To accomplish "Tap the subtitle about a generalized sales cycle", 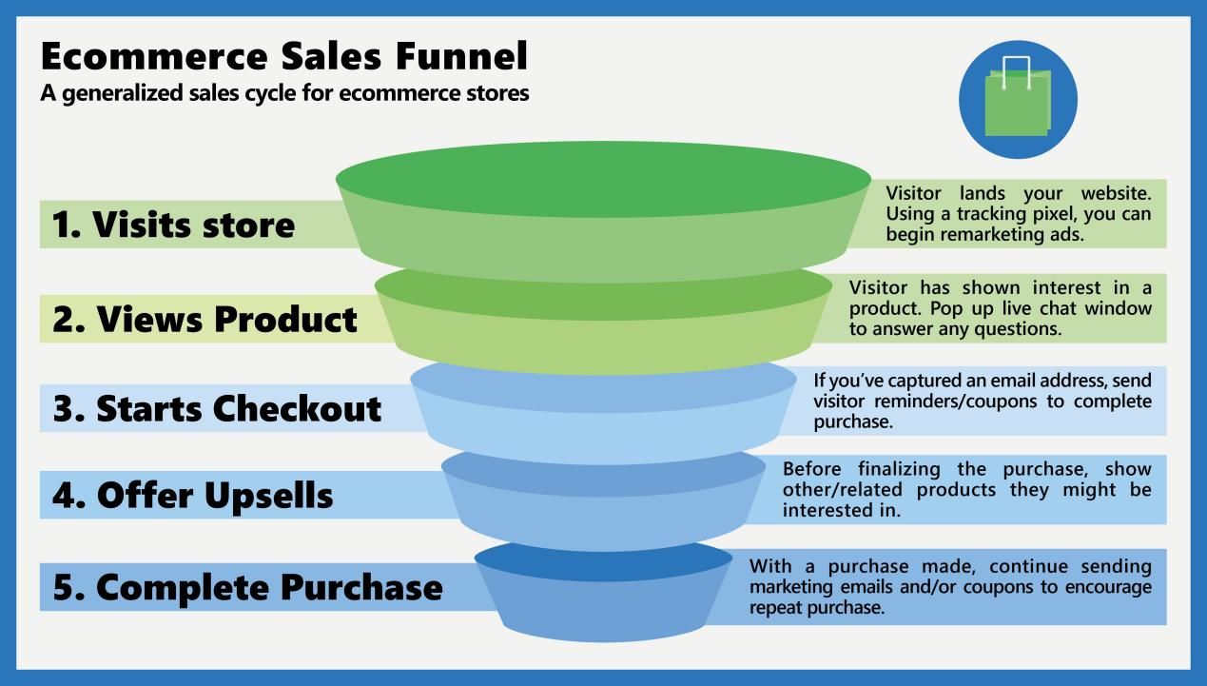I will (x=285, y=95).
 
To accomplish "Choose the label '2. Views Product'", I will (x=204, y=319).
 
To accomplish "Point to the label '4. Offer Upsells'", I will (x=192, y=496).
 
